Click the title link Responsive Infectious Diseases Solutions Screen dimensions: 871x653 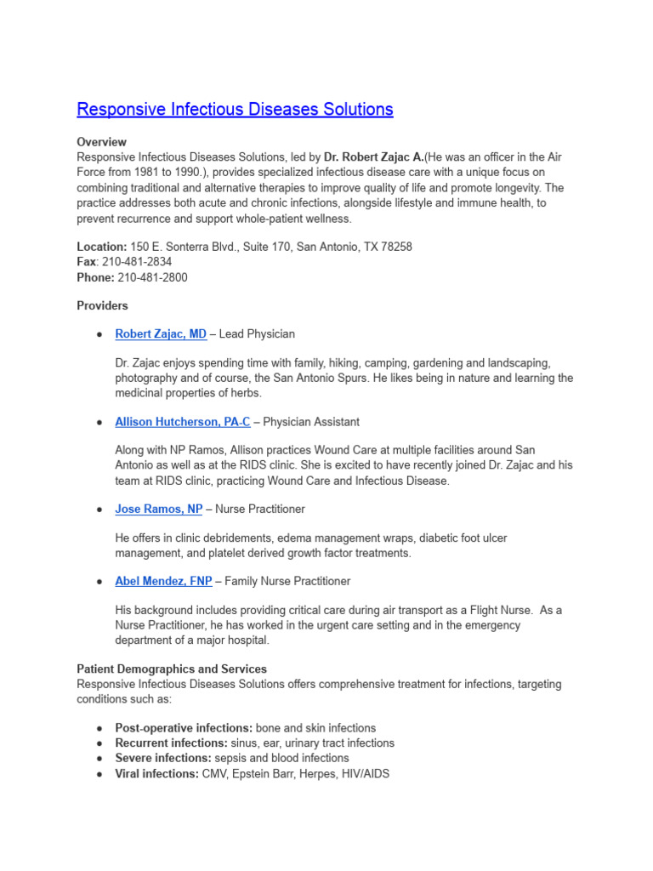click(235, 110)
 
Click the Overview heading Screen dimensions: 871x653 click(101, 142)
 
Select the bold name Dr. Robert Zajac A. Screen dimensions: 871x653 click(373, 157)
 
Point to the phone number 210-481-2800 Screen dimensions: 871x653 click(153, 277)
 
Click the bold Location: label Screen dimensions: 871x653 click(102, 247)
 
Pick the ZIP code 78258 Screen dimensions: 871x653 click(395, 247)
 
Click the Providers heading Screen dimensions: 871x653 click(102, 305)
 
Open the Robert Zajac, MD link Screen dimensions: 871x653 click(161, 334)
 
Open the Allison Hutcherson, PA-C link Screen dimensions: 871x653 click(183, 422)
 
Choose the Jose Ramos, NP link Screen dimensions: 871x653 click(159, 510)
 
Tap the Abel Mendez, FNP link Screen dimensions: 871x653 click(163, 582)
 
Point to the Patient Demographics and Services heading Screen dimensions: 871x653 click(172, 669)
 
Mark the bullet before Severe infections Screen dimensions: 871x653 click(99, 759)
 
